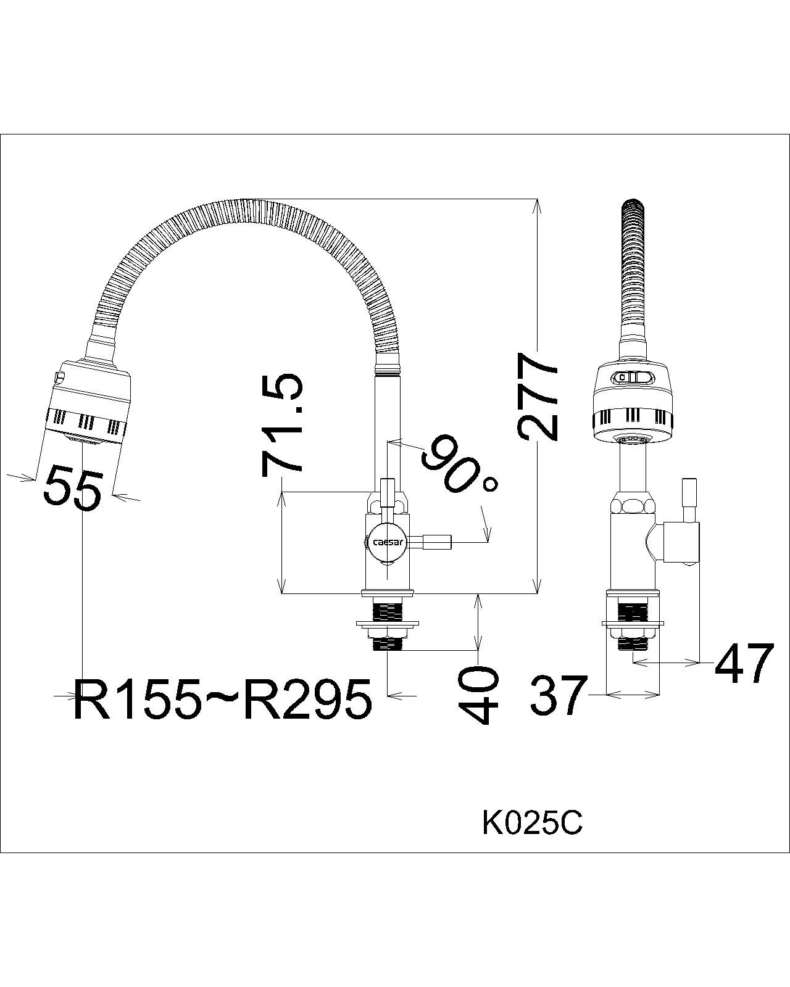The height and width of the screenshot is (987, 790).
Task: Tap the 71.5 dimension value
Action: pos(283,426)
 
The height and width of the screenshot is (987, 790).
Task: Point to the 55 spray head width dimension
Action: pos(72,488)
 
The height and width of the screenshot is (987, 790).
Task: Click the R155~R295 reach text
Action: pos(222,700)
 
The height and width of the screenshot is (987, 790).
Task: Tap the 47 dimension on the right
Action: pos(744,664)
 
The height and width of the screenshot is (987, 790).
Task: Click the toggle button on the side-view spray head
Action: pos(634,376)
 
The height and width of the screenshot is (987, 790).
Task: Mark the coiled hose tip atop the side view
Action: pos(634,210)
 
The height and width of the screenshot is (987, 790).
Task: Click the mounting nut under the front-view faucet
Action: pos(387,630)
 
